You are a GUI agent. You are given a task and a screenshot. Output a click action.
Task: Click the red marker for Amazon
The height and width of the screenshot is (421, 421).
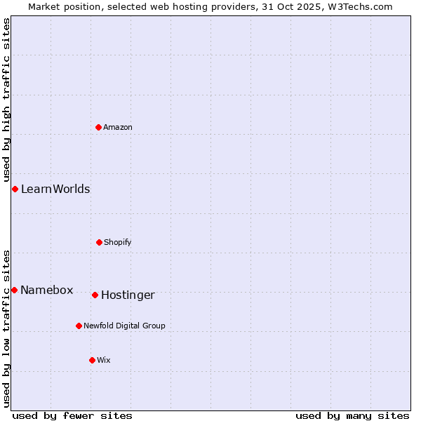(x=99, y=127)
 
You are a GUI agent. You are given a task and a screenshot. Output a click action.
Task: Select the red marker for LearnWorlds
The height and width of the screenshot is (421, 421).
(x=15, y=189)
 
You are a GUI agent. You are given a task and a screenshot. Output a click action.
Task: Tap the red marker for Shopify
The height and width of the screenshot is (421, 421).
(x=99, y=242)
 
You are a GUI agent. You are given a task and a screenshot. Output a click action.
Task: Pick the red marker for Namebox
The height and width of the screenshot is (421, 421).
(x=14, y=290)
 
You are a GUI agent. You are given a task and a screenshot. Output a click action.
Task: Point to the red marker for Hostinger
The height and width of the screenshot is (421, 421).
(x=95, y=295)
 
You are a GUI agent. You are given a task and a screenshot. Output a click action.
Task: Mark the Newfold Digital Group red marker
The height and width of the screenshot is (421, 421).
(x=79, y=326)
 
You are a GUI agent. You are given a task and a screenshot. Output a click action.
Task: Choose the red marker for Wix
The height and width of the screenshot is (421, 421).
(x=92, y=360)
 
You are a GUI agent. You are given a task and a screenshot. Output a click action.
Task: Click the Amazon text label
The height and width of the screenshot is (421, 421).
(x=118, y=127)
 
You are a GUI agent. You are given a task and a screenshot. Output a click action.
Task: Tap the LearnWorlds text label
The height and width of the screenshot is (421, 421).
(x=55, y=189)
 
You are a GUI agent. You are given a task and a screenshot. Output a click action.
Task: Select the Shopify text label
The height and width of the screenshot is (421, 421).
(x=118, y=242)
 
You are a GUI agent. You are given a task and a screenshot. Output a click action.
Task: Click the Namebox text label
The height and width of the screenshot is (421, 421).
(x=47, y=290)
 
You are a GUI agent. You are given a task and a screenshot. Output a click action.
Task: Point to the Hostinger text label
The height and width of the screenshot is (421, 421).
(x=128, y=295)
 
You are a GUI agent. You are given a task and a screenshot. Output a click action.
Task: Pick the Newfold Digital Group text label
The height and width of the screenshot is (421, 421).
(x=124, y=326)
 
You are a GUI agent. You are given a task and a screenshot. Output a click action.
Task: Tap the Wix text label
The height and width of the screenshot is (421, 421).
(x=104, y=360)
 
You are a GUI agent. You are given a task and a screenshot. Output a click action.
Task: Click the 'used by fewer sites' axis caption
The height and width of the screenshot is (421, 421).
(x=72, y=415)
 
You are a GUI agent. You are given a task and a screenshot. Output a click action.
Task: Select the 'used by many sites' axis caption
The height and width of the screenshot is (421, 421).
(x=352, y=415)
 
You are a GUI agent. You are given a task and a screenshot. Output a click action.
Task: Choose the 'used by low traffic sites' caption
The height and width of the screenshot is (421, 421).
(x=6, y=328)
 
